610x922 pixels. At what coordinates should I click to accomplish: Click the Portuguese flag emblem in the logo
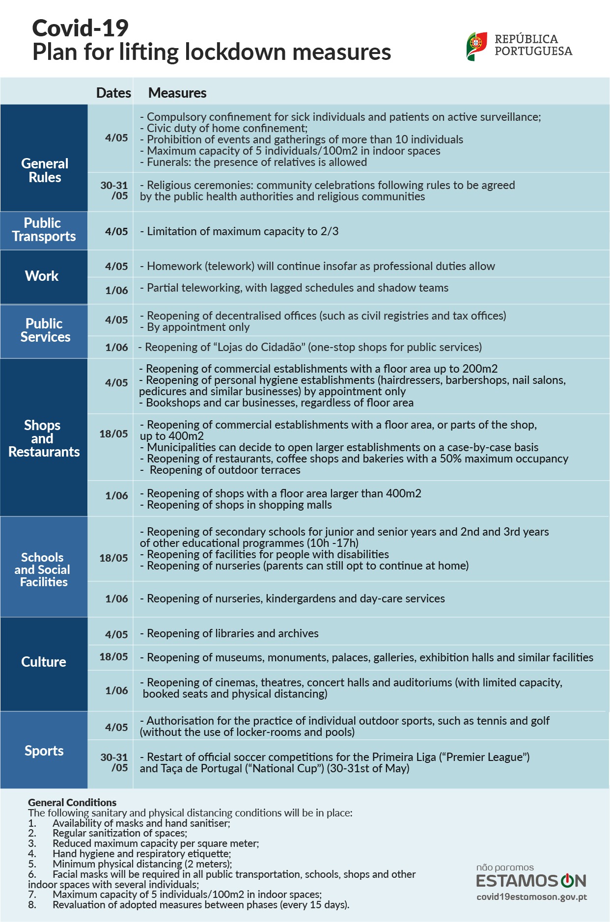coord(476,46)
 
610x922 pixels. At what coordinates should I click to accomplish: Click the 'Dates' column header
coord(113,93)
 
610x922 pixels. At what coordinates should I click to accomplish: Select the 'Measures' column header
coord(177,93)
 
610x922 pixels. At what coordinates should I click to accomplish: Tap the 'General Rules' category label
coord(45,170)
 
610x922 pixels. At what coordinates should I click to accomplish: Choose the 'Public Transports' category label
coord(44,230)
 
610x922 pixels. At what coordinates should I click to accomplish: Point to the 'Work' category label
coord(42,276)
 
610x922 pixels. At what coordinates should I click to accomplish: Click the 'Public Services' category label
coord(45,330)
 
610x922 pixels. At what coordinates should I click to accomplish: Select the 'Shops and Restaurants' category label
coord(44,438)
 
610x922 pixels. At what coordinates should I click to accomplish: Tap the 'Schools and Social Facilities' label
coord(43,569)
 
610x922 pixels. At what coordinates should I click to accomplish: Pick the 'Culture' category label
coord(44,662)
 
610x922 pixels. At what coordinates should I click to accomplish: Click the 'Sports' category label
coord(44,751)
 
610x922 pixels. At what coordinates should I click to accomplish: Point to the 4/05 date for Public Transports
coord(116,231)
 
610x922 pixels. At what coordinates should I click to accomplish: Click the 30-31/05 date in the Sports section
coord(114,762)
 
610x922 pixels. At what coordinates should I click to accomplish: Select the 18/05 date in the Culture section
coord(113,657)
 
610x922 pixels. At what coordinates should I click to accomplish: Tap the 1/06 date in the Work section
coord(116,290)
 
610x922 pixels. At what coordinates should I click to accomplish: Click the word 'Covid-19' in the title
coord(81,28)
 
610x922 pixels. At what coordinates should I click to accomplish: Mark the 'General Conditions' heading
coord(72,802)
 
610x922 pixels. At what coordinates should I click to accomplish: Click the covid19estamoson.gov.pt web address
coord(531,897)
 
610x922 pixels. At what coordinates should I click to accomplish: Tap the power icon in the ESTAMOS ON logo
coord(567,880)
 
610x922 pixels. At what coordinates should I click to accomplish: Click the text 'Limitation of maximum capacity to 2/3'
coord(243,231)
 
